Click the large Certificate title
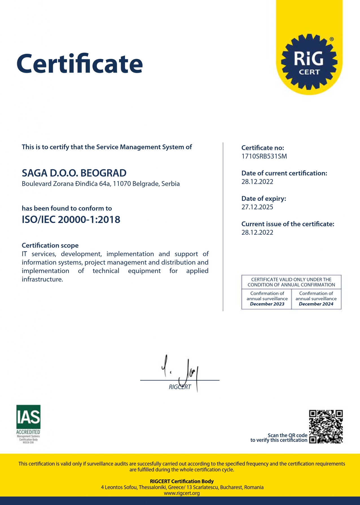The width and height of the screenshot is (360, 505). coord(80,64)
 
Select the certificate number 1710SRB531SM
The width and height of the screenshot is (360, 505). coord(264,156)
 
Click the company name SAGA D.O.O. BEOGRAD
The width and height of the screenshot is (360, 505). coord(74,173)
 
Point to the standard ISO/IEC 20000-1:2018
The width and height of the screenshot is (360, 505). coord(71,219)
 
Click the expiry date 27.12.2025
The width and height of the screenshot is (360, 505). coord(257,207)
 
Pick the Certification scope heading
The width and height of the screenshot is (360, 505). coord(50,245)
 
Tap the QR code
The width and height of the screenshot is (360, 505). coord(326,427)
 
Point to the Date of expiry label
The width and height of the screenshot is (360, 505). coord(264,199)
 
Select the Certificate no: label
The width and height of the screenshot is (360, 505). coord(263,148)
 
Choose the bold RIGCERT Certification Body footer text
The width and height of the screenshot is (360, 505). coord(182,481)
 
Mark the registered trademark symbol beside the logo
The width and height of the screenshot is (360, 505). coord(332,39)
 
